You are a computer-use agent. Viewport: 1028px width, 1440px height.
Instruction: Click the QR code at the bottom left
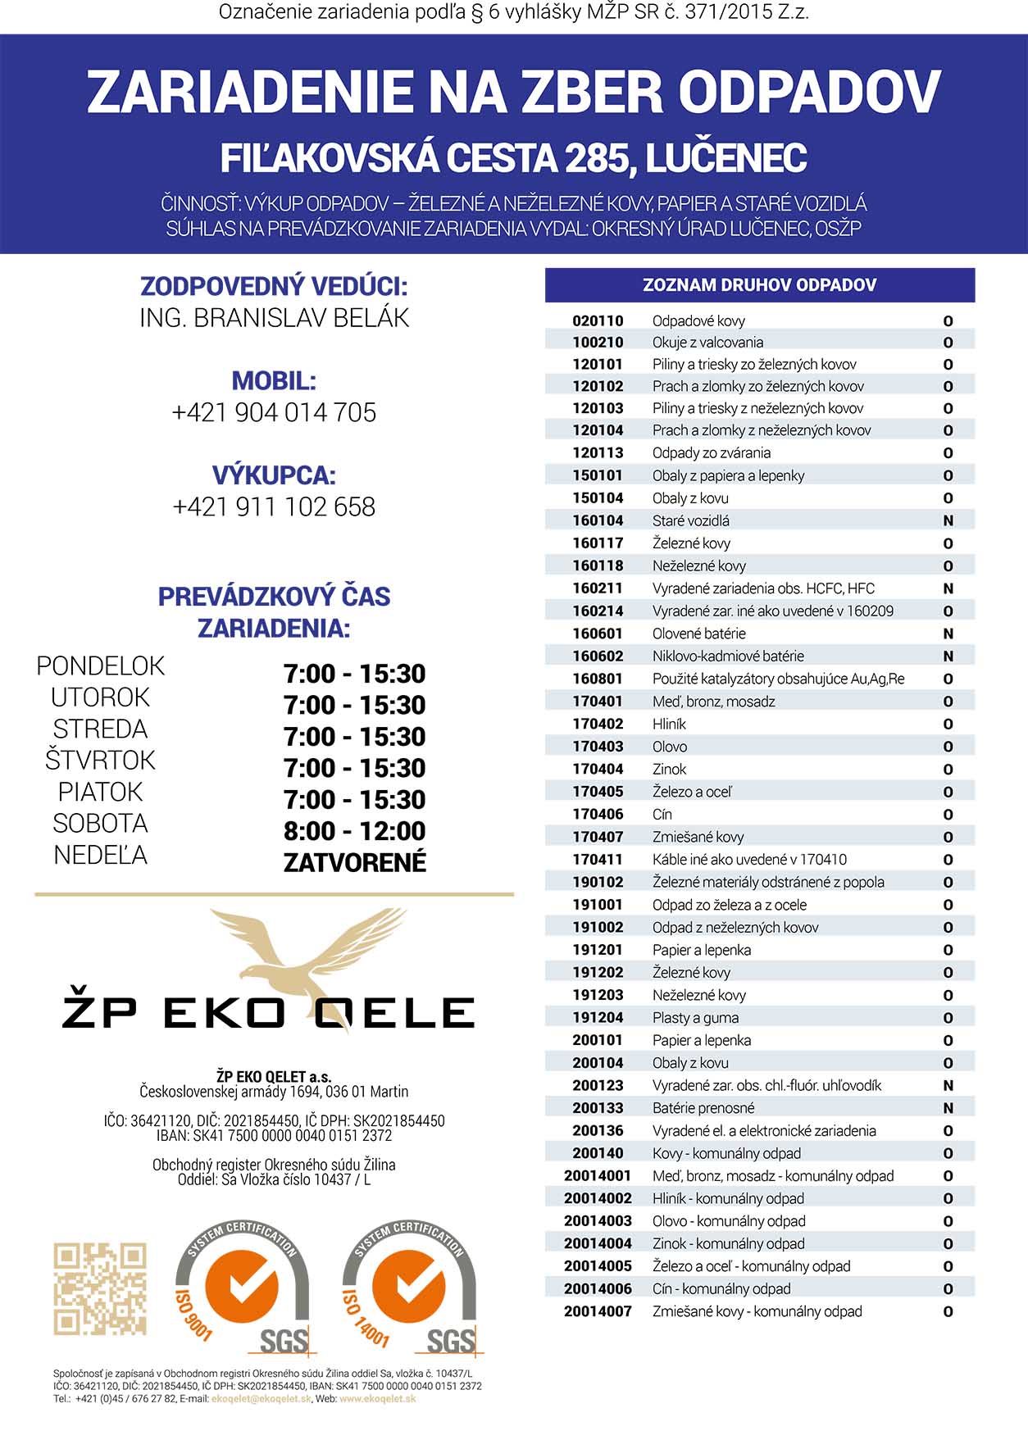point(100,1288)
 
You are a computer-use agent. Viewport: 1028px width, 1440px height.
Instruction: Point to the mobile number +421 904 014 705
point(274,412)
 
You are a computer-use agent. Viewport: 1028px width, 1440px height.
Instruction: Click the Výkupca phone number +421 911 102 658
point(274,506)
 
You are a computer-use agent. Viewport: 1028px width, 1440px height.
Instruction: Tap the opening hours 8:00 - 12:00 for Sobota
point(354,831)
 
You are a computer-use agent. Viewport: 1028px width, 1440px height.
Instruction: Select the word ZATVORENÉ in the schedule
point(354,862)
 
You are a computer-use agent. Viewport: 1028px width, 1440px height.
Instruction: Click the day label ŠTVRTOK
point(100,761)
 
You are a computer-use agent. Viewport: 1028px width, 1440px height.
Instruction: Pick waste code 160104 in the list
point(598,520)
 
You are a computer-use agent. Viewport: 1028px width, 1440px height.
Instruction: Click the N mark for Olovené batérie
point(948,634)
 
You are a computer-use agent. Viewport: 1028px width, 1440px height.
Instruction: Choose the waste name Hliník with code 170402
point(669,724)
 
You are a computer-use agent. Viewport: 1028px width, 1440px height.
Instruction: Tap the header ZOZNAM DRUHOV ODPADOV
point(759,285)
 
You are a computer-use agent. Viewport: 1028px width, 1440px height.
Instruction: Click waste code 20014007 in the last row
point(598,1311)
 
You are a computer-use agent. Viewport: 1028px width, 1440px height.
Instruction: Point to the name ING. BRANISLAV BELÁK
point(274,318)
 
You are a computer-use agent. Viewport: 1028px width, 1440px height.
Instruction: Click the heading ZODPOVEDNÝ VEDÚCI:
point(274,287)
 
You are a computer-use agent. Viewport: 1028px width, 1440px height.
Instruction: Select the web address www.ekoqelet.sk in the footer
point(378,1399)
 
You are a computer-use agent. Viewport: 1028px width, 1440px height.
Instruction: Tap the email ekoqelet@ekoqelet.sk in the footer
point(262,1399)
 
